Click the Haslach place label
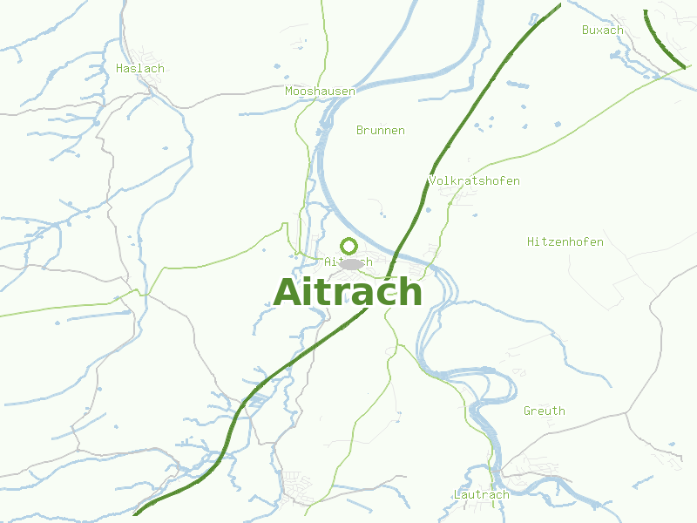(x=139, y=68)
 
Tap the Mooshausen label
(x=320, y=91)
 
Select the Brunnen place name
(x=381, y=130)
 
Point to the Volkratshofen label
(x=474, y=180)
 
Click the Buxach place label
(x=603, y=30)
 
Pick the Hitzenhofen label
(x=565, y=241)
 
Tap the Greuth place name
(x=545, y=411)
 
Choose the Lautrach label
(x=481, y=494)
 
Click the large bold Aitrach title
(x=348, y=292)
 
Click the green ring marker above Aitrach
(x=349, y=246)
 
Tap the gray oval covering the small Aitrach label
(x=352, y=263)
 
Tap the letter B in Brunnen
(x=361, y=130)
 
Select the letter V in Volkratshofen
(x=433, y=180)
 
